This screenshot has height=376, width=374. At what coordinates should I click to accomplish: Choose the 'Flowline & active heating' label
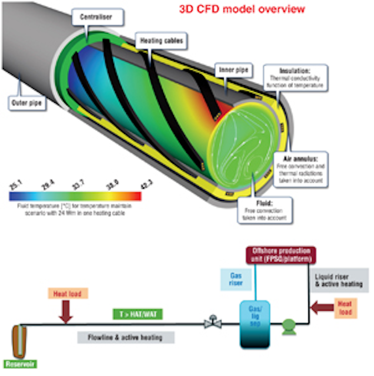click(x=127, y=337)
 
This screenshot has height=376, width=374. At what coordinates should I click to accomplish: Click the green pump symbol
click(x=288, y=325)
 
